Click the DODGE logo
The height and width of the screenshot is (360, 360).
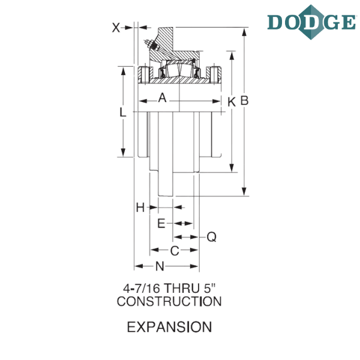[x=311, y=22]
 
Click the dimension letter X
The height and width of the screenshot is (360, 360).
[x=116, y=28]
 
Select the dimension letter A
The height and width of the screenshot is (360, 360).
[x=162, y=98]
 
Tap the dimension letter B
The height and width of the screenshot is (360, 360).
[x=245, y=101]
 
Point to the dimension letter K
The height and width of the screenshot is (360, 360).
[x=232, y=102]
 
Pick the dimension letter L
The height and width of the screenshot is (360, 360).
[x=123, y=113]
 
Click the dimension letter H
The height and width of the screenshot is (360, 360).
[x=140, y=208]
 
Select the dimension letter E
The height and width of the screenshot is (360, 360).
[x=161, y=223]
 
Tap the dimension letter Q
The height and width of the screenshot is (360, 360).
[x=211, y=237]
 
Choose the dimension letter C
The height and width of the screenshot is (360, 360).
[x=175, y=251]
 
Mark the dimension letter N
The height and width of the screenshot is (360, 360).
[x=160, y=266]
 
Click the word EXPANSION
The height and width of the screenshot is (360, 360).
[x=169, y=327]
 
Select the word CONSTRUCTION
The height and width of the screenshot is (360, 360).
[x=169, y=301]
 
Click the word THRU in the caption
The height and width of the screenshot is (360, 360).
[x=182, y=289]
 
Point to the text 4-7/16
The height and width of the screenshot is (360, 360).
[x=142, y=289]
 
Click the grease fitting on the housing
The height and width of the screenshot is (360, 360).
[x=152, y=46]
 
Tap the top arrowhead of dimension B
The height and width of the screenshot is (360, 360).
[x=244, y=32]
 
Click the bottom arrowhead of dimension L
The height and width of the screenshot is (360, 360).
[x=123, y=152]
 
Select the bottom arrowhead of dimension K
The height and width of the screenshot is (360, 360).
[x=232, y=167]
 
